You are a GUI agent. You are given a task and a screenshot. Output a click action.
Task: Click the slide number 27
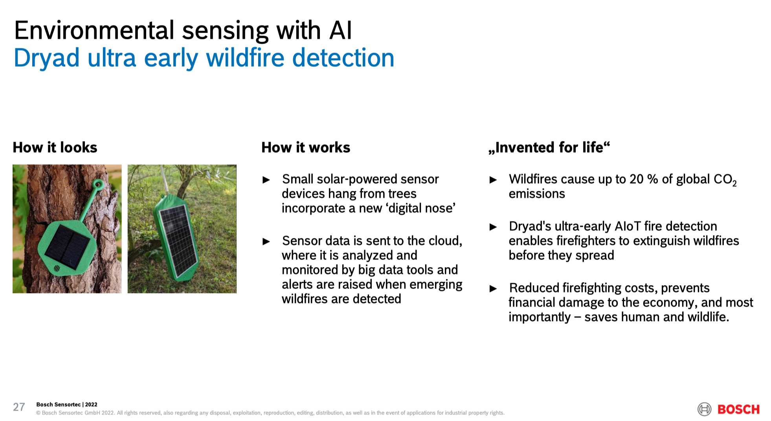[19, 407]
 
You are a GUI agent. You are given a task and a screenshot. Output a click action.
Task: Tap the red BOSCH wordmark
[738, 409]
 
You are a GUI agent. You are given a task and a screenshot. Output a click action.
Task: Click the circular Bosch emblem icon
[704, 409]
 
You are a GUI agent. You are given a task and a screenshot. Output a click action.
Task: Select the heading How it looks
[55, 147]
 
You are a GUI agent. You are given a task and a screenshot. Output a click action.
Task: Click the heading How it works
[306, 147]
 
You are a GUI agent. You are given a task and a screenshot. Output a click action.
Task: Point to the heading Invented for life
[549, 147]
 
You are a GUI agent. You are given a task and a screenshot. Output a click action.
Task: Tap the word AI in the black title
[340, 30]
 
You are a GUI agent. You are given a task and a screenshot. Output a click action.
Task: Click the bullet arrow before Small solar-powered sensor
[266, 180]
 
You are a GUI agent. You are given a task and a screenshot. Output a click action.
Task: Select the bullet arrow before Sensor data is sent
[266, 242]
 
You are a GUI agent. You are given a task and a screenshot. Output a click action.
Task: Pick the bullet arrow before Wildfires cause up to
[493, 180]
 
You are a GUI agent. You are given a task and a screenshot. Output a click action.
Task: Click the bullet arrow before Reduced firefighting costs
[493, 289]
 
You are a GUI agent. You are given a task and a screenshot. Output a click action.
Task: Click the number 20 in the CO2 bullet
[636, 179]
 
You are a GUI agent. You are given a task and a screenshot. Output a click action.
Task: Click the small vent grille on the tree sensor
[57, 269]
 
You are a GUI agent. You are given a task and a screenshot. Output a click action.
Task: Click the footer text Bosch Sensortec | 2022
[67, 405]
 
